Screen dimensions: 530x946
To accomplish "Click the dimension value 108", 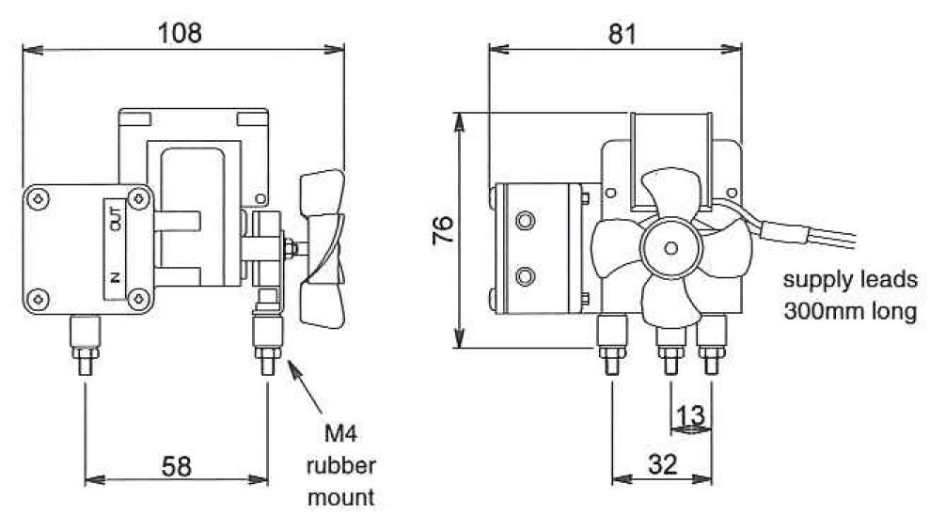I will (180, 33).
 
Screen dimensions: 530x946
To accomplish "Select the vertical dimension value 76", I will (443, 230).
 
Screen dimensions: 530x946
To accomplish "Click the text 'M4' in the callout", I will (340, 433).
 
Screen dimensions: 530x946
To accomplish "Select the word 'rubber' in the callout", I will (340, 465).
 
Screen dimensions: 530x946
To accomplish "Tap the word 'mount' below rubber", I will (340, 496).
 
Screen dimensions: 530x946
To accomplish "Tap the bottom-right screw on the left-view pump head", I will (138, 298).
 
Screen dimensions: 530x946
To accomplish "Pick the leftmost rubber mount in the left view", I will (85, 344).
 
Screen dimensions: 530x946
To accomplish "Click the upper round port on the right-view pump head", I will (524, 221).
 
